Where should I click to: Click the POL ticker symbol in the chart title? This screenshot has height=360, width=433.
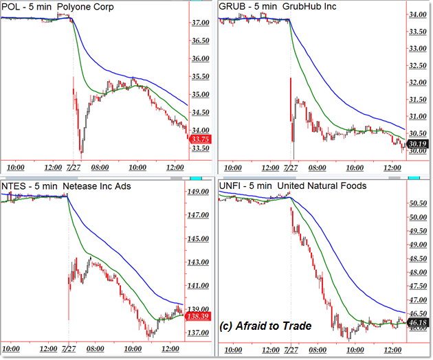coord(12,7)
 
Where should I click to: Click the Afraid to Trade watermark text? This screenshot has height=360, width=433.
coord(266,326)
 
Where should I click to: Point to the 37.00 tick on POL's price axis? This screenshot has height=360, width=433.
coord(201,23)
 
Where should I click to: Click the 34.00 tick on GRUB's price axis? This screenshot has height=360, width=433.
coord(417,14)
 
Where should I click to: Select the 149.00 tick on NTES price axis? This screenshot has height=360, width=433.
coord(200,192)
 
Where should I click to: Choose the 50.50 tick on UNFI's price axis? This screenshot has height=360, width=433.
coord(417,203)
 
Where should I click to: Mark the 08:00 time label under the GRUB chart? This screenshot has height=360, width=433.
coord(318,167)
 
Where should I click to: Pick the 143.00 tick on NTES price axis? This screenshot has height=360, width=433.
coord(200,262)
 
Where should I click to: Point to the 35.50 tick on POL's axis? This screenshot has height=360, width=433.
coord(201,76)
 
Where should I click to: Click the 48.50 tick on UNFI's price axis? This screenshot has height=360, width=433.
coord(417,258)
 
